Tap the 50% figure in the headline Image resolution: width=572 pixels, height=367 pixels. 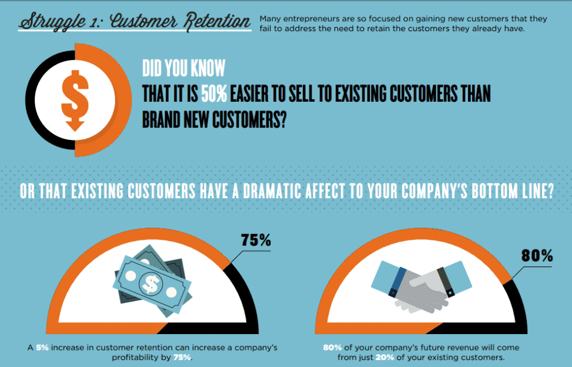point(214,94)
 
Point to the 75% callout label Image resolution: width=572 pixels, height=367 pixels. point(256,240)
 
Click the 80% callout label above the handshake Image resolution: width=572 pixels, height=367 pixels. point(537,255)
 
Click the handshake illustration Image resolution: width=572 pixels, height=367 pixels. point(422,287)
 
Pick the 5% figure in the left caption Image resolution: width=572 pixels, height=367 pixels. point(42,348)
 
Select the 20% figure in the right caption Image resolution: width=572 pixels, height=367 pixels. point(384,358)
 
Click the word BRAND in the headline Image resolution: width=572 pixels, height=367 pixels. point(161,119)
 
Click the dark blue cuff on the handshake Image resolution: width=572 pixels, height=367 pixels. point(397,282)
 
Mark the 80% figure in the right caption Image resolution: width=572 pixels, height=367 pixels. point(332,348)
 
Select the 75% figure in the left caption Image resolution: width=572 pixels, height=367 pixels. point(182,358)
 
